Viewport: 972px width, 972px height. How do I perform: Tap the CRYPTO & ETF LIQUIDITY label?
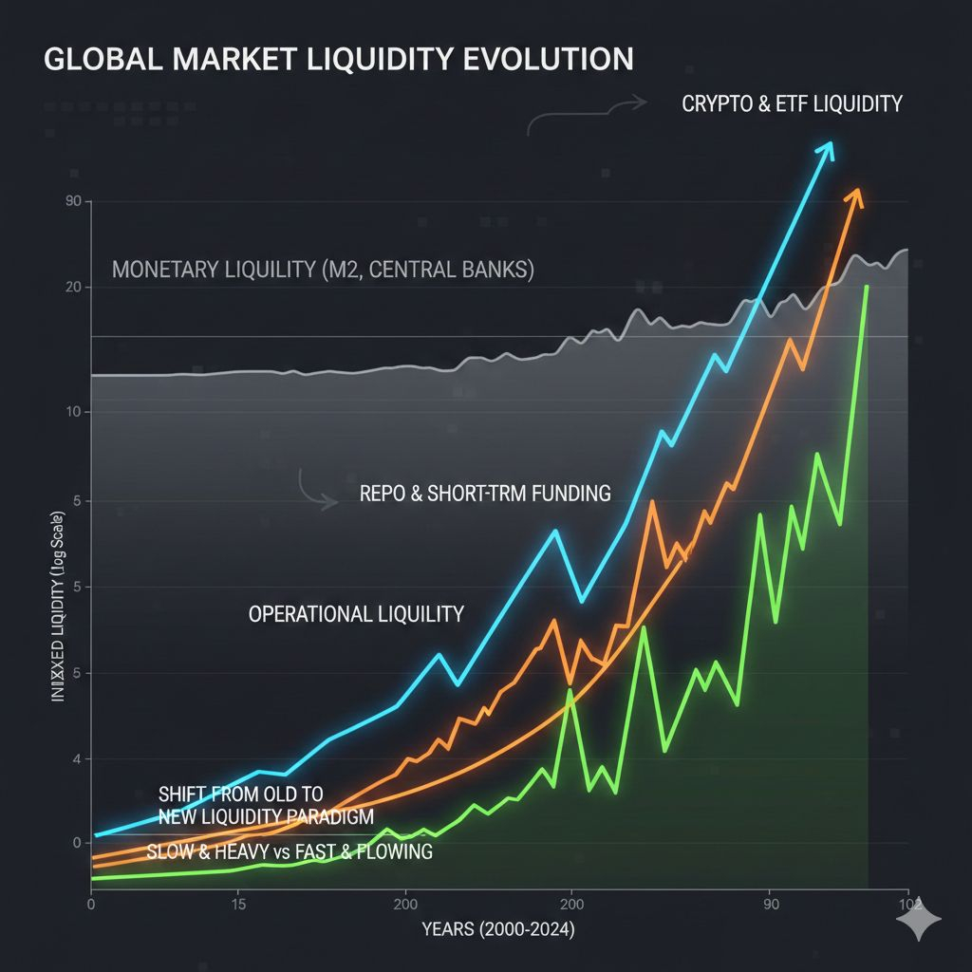(x=792, y=104)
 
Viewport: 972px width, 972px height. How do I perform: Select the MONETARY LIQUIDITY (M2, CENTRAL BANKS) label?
(x=323, y=270)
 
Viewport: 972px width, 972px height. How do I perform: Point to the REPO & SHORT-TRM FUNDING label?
(x=485, y=494)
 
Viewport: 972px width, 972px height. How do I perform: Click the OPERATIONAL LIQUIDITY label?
(x=356, y=614)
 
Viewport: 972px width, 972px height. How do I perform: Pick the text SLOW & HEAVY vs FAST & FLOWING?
(x=290, y=851)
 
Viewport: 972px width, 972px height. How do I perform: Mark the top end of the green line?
(x=866, y=286)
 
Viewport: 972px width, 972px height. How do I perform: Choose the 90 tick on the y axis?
(x=73, y=202)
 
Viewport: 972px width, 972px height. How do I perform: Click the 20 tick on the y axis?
(x=73, y=288)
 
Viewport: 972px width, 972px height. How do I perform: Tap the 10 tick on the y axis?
(x=73, y=412)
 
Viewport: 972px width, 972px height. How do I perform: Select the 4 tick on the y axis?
(x=75, y=758)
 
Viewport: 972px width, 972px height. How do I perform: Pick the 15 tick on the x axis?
(x=237, y=904)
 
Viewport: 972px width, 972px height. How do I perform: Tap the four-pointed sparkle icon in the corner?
(x=921, y=918)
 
